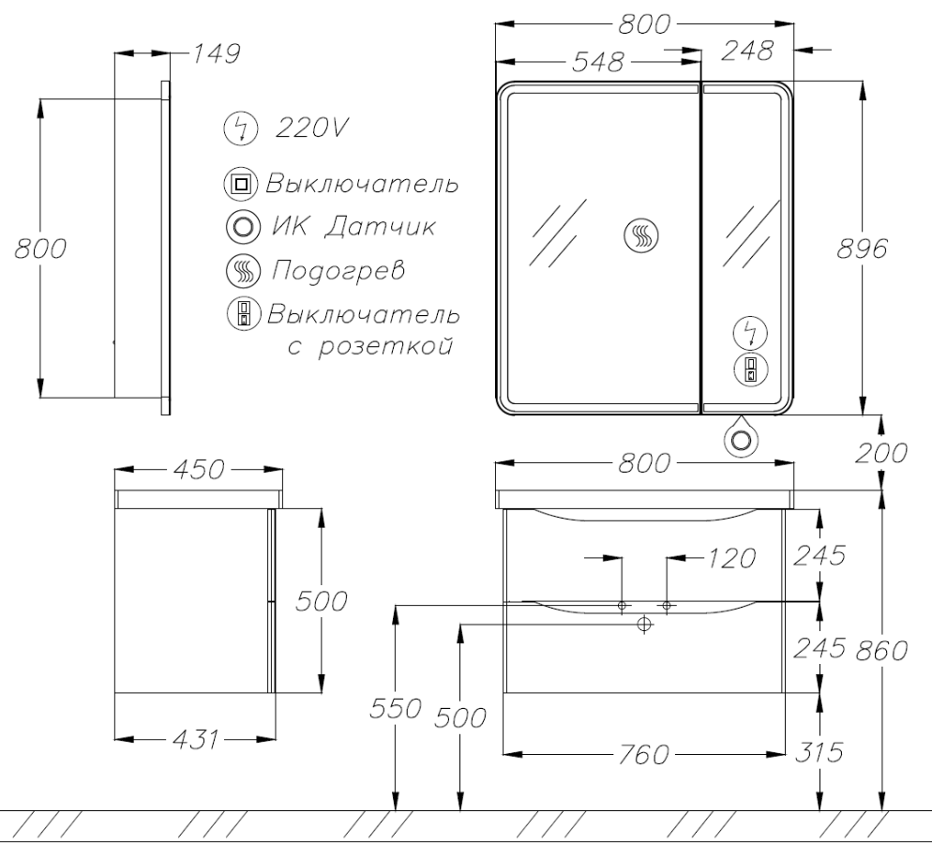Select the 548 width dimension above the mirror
coord(597,62)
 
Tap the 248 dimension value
coord(747,51)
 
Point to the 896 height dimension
coord(862,248)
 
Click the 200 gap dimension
coord(880,453)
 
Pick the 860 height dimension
coord(880,650)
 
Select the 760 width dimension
coord(644,754)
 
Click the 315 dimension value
coord(819,752)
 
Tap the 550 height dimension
coord(396,708)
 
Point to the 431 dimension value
coord(196,739)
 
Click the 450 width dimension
coord(199,469)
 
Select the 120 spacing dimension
coord(731,558)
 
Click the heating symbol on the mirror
coord(642,234)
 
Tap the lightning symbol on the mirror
coord(751,333)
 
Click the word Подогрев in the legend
coord(338,270)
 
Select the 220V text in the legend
coord(311,128)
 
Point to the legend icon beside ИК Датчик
coord(243,227)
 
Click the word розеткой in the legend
coord(385,346)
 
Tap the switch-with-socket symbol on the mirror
coord(751,369)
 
